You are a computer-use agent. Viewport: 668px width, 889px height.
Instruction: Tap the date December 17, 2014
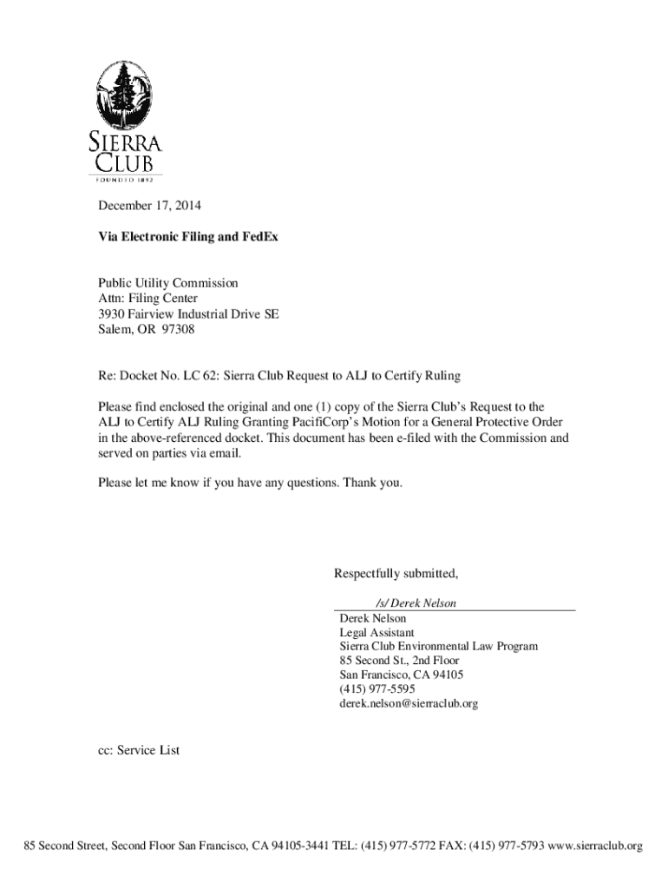click(x=148, y=207)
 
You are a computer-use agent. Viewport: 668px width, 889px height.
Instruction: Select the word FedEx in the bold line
click(x=260, y=236)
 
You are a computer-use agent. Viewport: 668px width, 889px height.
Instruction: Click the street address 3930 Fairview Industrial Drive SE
click(x=187, y=314)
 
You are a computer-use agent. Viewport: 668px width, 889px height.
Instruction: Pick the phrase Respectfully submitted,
click(x=396, y=574)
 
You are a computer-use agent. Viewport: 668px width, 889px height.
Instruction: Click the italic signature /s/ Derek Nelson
click(x=416, y=603)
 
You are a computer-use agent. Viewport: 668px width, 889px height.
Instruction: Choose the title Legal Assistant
click(x=377, y=633)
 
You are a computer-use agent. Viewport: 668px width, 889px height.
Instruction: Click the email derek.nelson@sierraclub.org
click(x=408, y=704)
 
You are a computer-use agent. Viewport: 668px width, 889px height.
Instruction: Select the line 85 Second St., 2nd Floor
click(x=399, y=661)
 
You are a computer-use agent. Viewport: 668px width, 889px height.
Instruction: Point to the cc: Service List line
click(x=138, y=750)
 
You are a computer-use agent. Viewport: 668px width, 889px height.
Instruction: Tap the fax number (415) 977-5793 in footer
click(x=506, y=846)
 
